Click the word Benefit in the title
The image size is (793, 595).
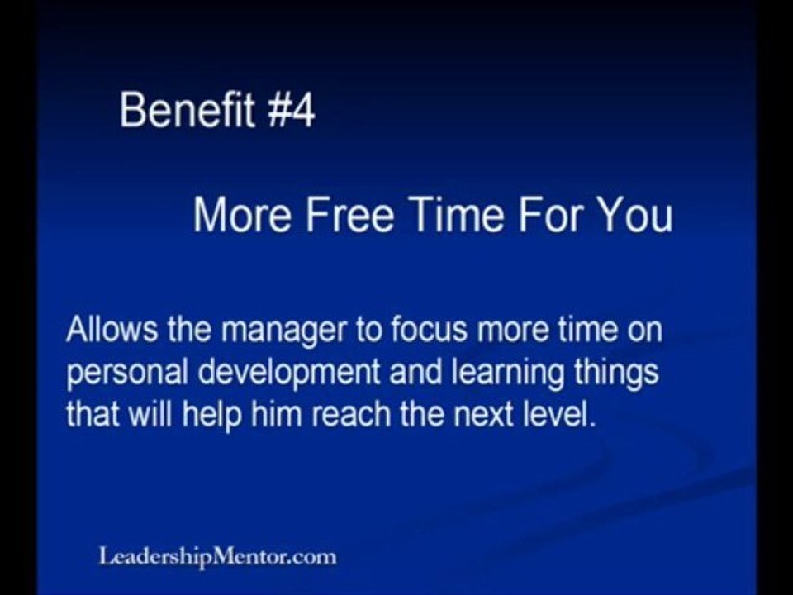click(x=188, y=109)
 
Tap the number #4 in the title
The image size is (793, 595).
click(x=291, y=110)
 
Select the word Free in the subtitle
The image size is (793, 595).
click(x=349, y=214)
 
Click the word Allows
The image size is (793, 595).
click(x=112, y=329)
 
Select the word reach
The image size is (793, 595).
click(x=351, y=414)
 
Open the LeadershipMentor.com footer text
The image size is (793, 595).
click(x=217, y=557)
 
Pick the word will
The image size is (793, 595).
click(x=150, y=414)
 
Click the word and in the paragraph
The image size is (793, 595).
click(x=415, y=372)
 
